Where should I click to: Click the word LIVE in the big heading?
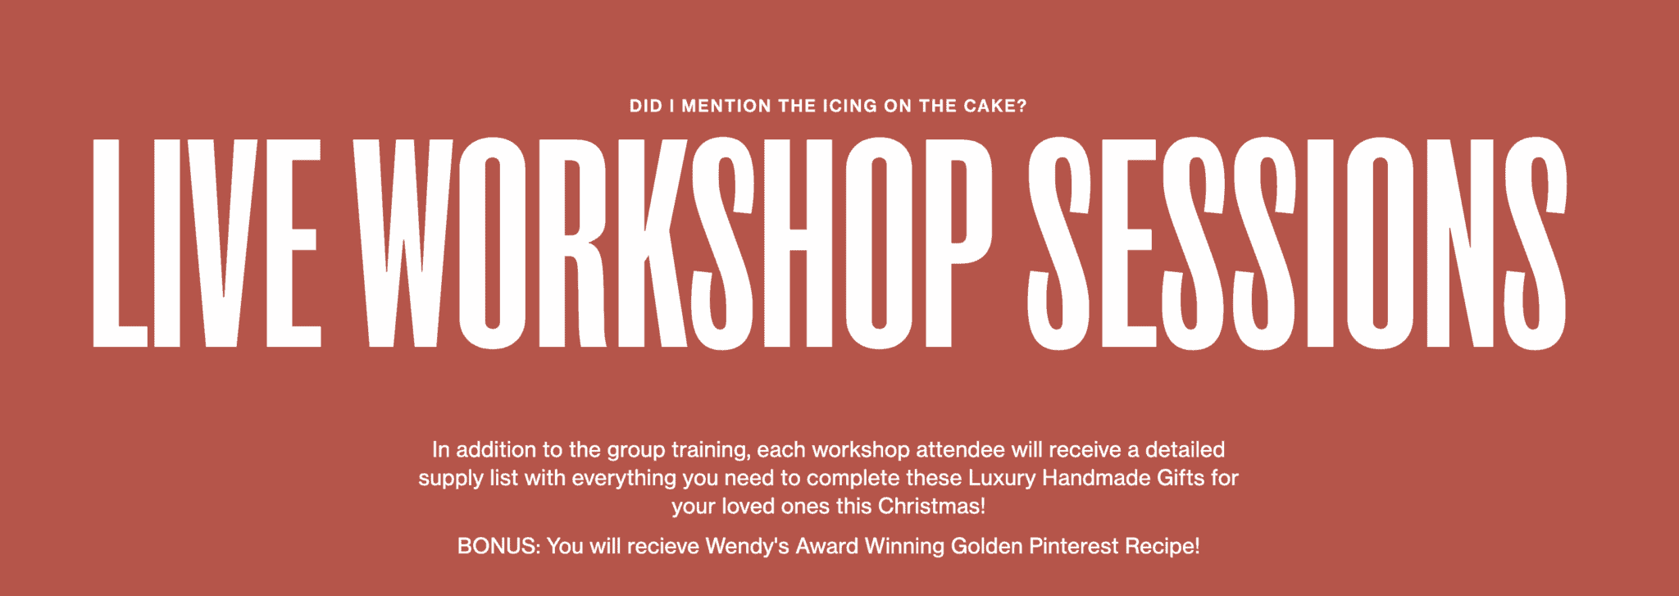[206, 243]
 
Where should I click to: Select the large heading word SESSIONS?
[1297, 243]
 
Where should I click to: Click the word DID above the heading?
[645, 107]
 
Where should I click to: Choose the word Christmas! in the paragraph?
[931, 506]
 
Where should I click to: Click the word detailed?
[1185, 449]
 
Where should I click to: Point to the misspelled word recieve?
[663, 546]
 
